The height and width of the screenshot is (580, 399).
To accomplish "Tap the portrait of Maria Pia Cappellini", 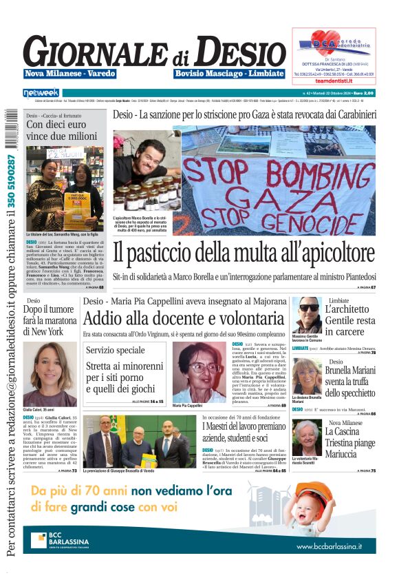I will click(x=199, y=371).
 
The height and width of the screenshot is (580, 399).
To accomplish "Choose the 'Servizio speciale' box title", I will click(x=116, y=351).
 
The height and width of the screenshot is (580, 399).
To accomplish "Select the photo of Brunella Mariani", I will click(x=306, y=375).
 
